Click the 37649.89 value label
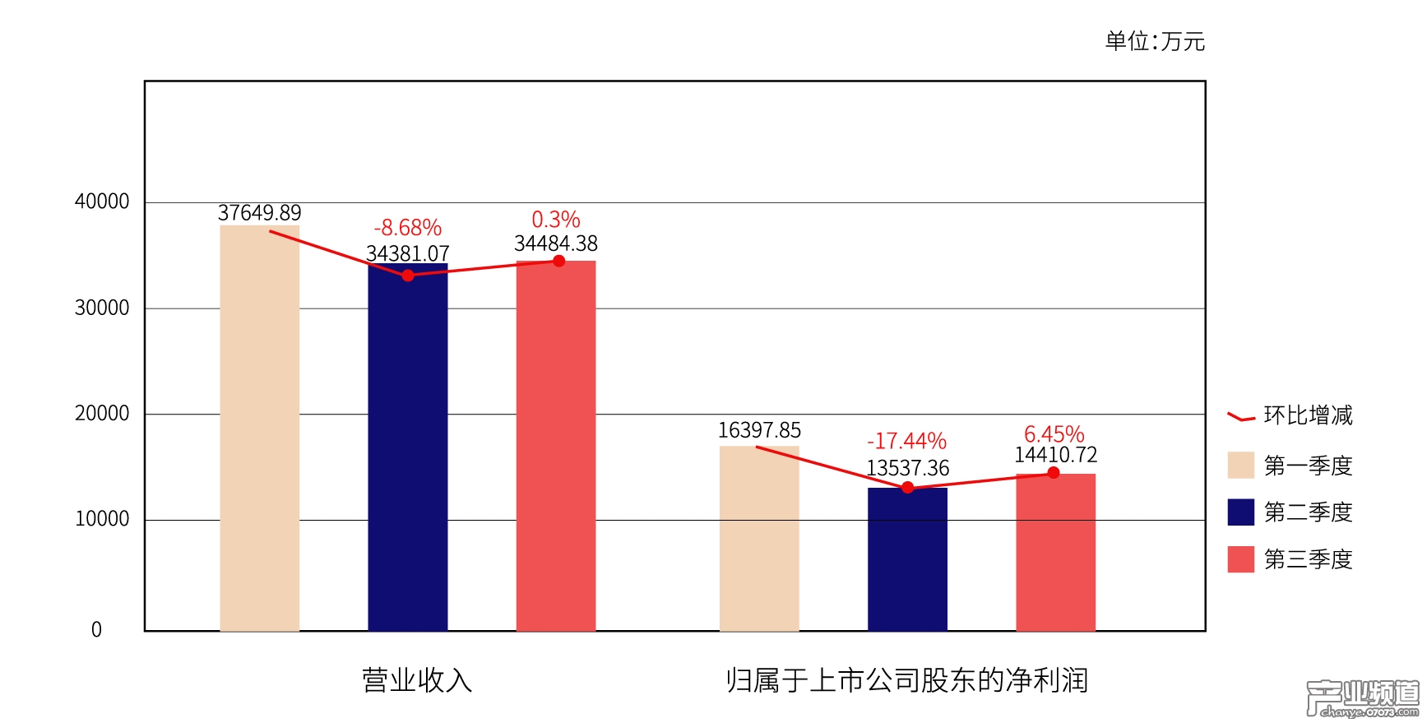(x=259, y=213)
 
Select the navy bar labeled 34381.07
(x=408, y=452)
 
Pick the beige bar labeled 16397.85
(x=759, y=539)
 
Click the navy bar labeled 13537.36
(x=907, y=559)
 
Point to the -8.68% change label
(x=408, y=228)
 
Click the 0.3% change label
(x=556, y=220)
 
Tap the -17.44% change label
(x=906, y=442)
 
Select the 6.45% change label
(x=1054, y=434)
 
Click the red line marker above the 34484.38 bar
(x=559, y=262)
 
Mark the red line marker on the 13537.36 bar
(x=908, y=488)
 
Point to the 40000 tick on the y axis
(x=102, y=202)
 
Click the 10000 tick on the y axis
(x=102, y=519)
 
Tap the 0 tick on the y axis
(x=96, y=630)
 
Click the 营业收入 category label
(x=417, y=680)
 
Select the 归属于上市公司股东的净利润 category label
(x=906, y=680)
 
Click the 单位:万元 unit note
(x=1155, y=41)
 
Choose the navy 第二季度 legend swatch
(x=1240, y=512)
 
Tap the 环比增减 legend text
(x=1308, y=415)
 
